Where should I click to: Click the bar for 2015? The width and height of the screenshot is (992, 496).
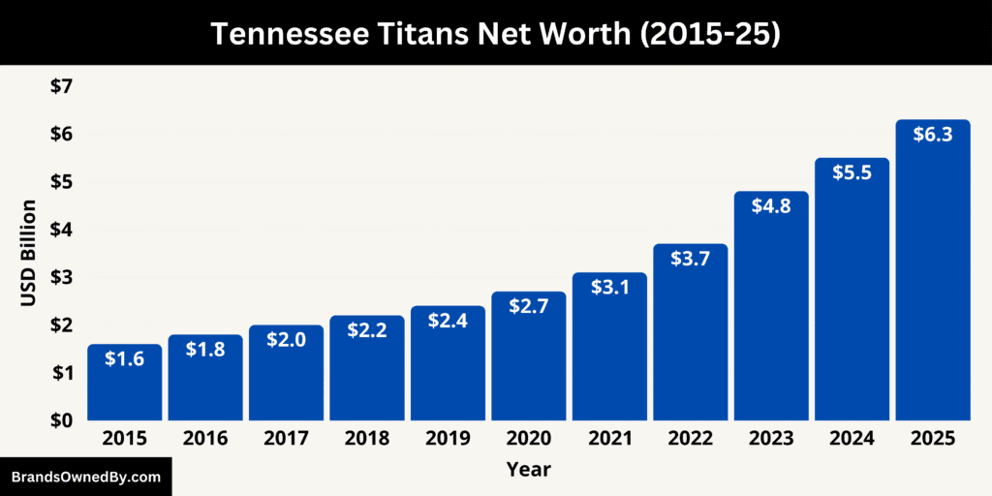pos(125,383)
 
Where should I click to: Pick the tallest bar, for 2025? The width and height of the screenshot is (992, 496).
pos(933,271)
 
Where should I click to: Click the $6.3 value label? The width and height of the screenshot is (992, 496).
pos(933,135)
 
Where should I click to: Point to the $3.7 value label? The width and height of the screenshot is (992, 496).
pos(691,259)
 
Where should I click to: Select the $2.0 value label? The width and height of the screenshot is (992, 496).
pos(287,340)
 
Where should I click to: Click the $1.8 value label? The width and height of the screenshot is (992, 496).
pos(205,350)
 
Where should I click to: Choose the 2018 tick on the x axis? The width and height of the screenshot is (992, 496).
pos(367,439)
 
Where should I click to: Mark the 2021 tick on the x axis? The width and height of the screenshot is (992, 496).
pos(609,439)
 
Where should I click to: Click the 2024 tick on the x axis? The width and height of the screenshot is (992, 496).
pos(852,439)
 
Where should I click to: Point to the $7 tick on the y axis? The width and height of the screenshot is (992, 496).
pos(61,87)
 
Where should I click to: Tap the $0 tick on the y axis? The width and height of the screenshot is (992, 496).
pos(61,420)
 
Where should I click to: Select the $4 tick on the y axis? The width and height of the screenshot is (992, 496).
pos(61,230)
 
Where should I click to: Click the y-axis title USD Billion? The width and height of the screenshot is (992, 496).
pos(28,253)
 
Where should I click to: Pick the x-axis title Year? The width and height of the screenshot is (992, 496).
pos(528,470)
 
